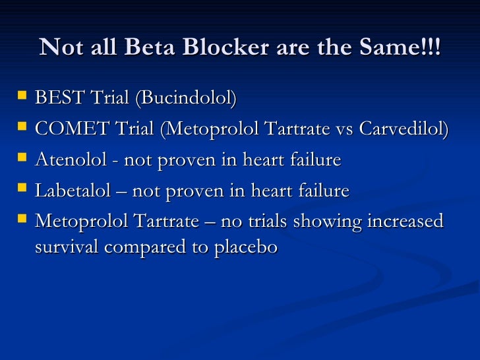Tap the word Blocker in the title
click(204, 47)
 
